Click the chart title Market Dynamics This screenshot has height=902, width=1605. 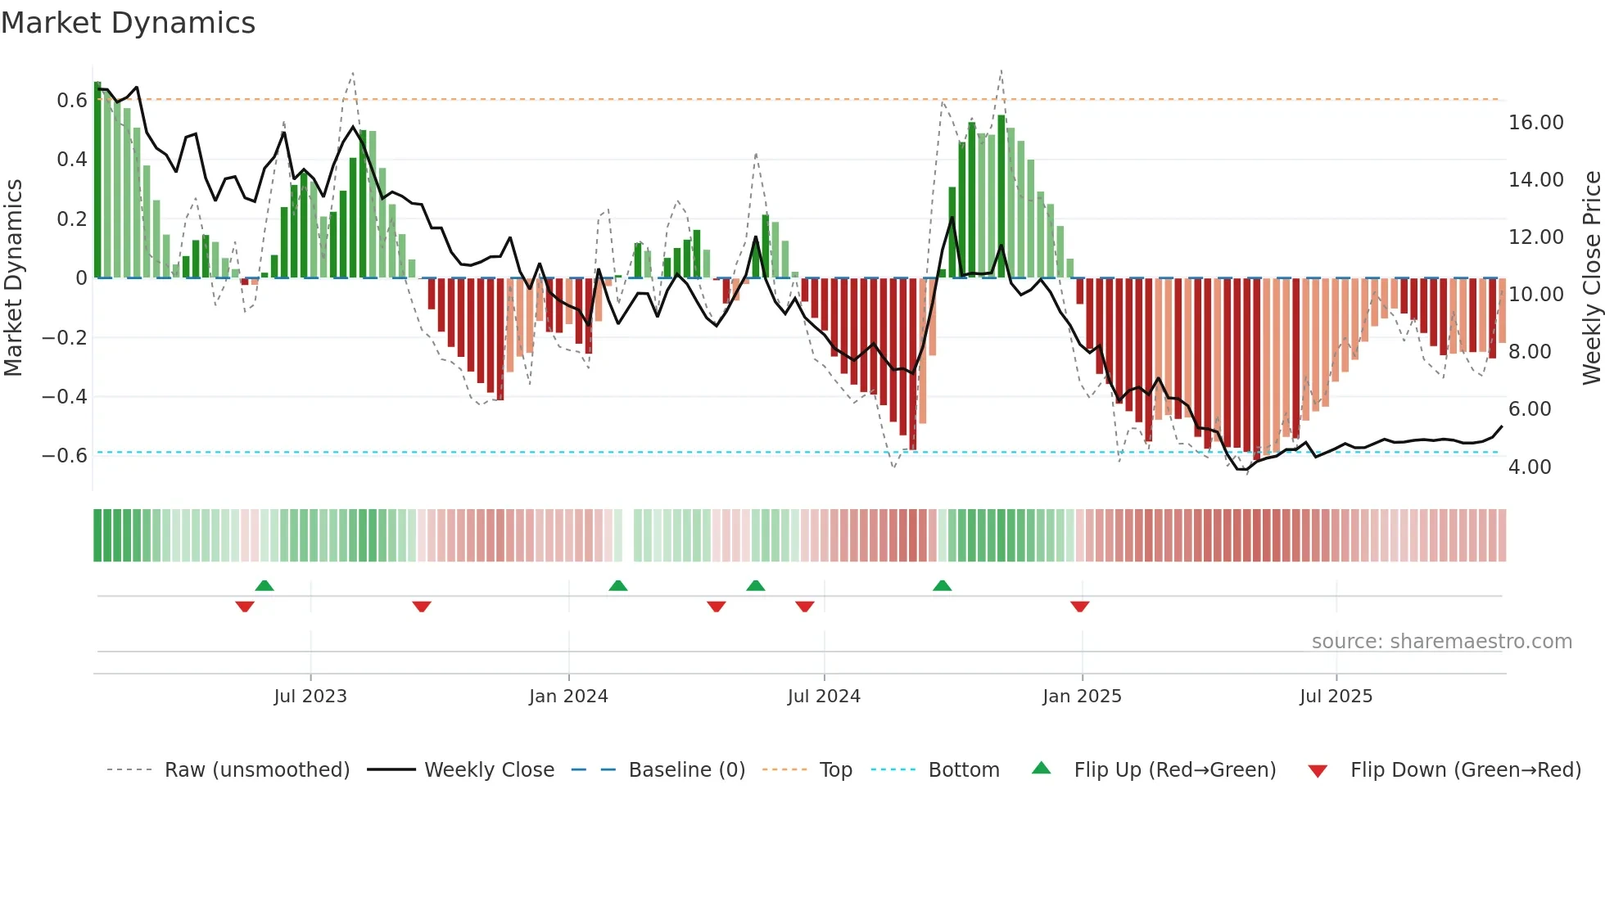[129, 23]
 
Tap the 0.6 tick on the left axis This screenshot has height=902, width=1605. [72, 101]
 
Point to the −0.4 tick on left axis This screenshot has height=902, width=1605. [65, 397]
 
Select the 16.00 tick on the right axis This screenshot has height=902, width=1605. [1535, 123]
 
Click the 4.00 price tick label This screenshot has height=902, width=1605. [1530, 467]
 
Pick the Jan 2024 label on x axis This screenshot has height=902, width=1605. [568, 697]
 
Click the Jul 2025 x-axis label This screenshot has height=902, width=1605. [1336, 697]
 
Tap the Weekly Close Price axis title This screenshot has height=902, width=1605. [1591, 278]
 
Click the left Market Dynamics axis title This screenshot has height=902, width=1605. [13, 278]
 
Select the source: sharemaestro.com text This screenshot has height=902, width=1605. [1441, 642]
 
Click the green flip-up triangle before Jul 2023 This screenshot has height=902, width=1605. [264, 585]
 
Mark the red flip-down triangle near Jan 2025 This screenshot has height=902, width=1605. [1079, 607]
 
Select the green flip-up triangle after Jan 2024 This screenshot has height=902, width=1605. [618, 585]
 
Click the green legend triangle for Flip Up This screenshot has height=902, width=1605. [1041, 768]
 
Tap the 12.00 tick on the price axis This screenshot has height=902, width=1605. [1535, 237]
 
